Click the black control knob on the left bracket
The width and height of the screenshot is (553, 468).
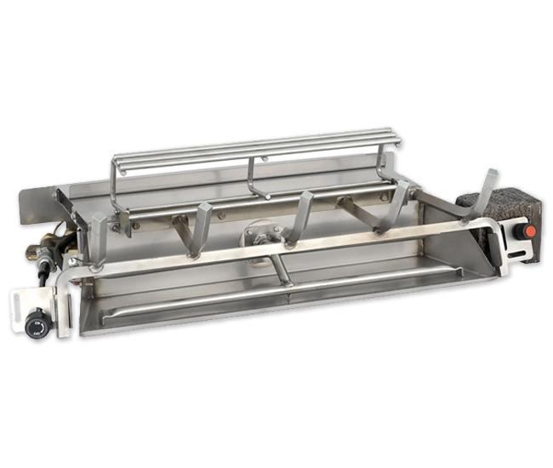(x=36, y=323)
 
